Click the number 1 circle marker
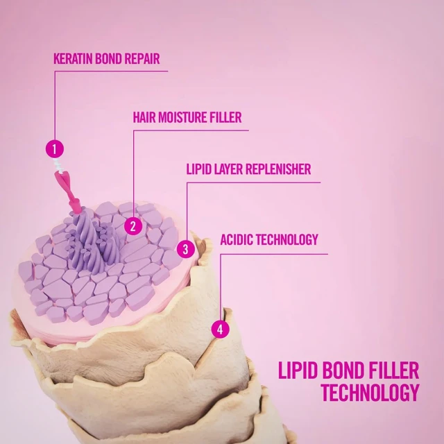[55, 149]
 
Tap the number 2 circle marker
[133, 226]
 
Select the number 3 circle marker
[186, 249]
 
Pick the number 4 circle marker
[221, 330]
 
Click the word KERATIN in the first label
[73, 58]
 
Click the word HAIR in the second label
[144, 117]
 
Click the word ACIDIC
[237, 239]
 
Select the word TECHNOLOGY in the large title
[370, 393]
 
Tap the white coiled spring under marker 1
[58, 165]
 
